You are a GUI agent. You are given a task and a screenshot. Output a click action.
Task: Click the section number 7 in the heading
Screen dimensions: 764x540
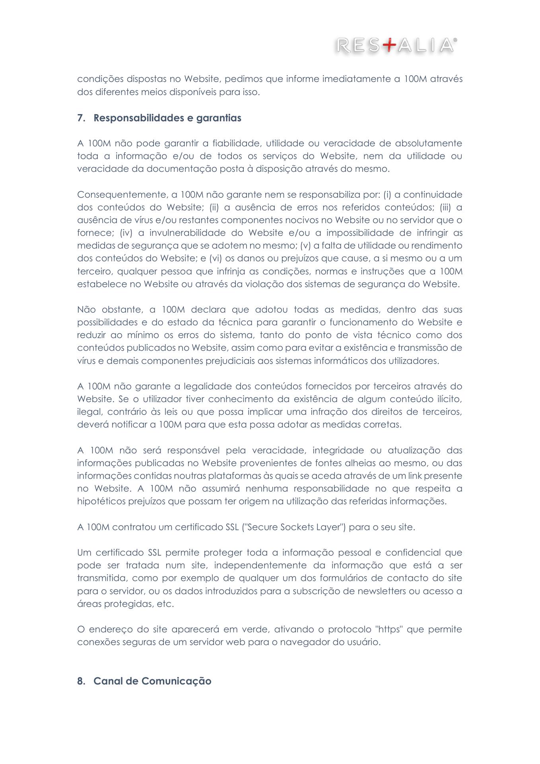click(x=80, y=119)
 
